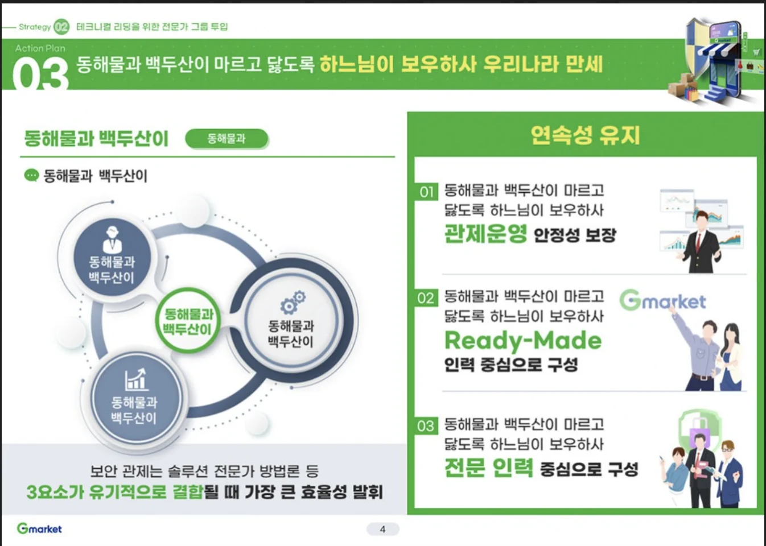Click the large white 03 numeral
[x=40, y=74]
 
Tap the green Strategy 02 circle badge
[x=61, y=27]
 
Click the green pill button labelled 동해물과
[x=226, y=138]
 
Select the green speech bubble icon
[x=31, y=175]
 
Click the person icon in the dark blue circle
[x=112, y=239]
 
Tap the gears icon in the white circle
[x=292, y=302]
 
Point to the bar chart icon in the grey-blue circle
[x=135, y=379]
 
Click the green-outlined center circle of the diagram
[x=188, y=321]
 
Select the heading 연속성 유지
[x=585, y=135]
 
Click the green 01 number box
[x=426, y=192]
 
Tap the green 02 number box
[x=426, y=298]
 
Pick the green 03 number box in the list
[x=426, y=426]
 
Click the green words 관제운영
[x=485, y=234]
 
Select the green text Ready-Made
[x=522, y=340]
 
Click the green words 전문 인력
[x=488, y=468]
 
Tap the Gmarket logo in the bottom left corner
[x=39, y=528]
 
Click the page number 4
[x=382, y=529]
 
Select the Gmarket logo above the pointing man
[x=662, y=300]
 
